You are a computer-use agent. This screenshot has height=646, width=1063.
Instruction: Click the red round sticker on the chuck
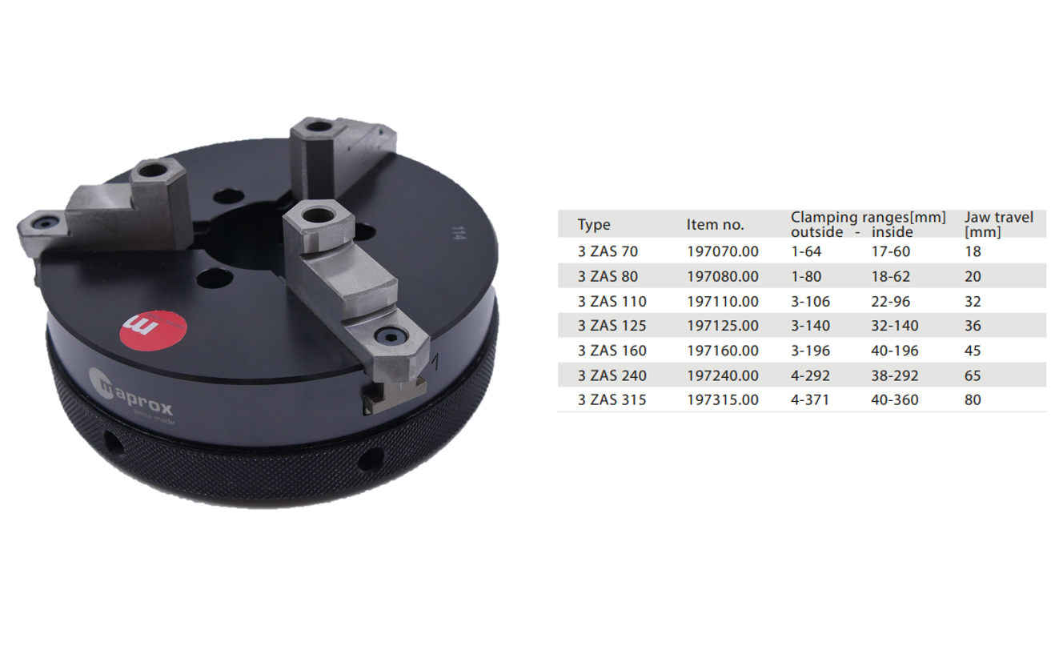click(153, 331)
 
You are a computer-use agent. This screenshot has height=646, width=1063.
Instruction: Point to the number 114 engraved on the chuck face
click(456, 232)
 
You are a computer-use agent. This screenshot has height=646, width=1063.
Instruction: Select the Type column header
click(594, 224)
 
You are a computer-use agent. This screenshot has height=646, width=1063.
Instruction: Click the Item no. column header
click(715, 224)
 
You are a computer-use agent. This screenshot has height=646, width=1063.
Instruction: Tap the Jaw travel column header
click(998, 224)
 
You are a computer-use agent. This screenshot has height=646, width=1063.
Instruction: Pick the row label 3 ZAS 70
click(608, 251)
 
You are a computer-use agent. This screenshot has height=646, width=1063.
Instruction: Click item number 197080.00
click(723, 276)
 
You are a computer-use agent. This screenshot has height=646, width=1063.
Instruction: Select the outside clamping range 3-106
click(810, 302)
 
